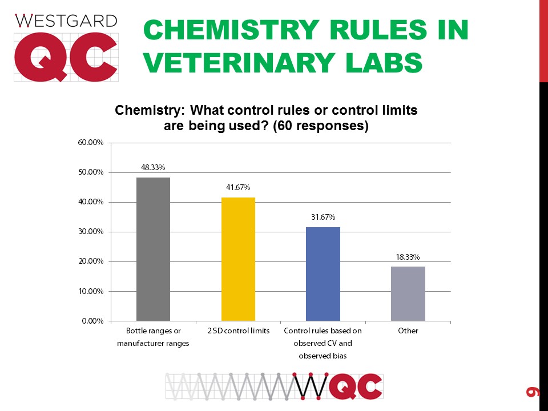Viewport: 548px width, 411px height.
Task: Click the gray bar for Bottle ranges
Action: point(153,249)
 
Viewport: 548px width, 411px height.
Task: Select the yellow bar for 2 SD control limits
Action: point(238,259)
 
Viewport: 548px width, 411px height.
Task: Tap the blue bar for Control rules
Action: point(323,274)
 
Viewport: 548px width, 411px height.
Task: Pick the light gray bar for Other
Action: point(408,293)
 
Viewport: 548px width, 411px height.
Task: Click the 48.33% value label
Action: point(153,168)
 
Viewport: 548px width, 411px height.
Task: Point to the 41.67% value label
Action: point(238,187)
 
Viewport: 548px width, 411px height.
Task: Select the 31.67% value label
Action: point(323,217)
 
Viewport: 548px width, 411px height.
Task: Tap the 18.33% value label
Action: point(408,257)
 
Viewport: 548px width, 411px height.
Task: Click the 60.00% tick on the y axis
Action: point(91,143)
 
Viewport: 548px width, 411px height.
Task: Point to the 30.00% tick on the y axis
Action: point(91,232)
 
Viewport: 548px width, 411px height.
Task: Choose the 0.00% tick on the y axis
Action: point(92,321)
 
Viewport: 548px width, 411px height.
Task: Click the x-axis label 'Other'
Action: point(408,331)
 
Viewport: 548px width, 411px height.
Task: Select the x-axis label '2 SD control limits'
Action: point(238,331)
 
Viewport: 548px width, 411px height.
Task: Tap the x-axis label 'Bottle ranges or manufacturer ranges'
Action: point(153,337)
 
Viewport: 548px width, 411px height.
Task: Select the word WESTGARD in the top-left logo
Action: point(66,21)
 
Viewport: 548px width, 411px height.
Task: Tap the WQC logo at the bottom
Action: point(275,386)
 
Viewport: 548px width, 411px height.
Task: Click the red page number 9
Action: point(532,391)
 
